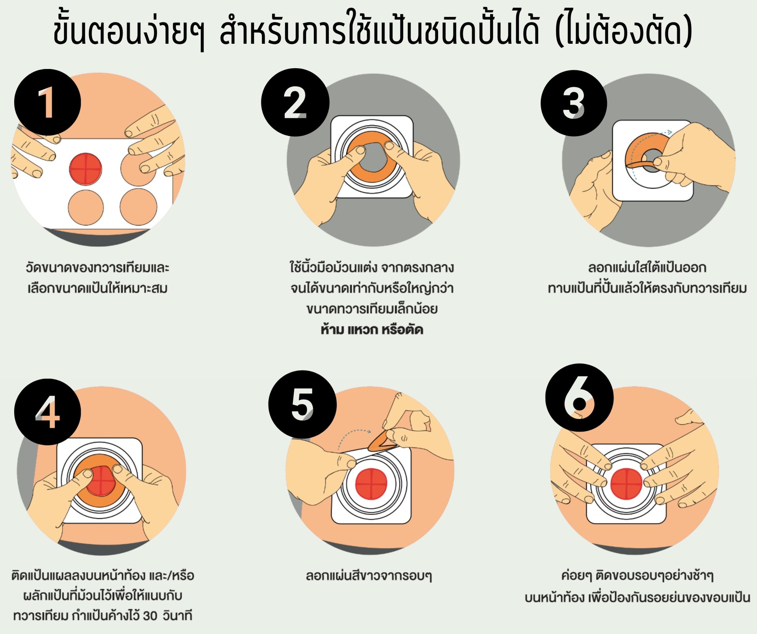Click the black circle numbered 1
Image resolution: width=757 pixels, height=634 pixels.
pos(48,102)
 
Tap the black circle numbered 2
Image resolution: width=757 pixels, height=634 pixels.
pos(295,102)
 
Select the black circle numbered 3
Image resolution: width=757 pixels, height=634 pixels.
pos(574,103)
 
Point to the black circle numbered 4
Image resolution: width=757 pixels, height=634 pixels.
pos(48,412)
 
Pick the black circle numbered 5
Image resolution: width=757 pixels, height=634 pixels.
pos(302,404)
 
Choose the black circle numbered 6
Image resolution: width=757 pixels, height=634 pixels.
pos(580,398)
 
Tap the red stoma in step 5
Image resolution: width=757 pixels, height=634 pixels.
pos(371,483)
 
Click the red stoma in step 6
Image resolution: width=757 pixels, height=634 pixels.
pos(626,483)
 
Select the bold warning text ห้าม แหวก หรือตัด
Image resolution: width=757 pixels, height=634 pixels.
pos(372,329)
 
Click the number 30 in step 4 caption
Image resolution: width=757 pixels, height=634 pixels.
pos(150,615)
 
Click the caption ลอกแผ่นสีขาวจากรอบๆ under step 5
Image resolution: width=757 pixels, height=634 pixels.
pos(369,576)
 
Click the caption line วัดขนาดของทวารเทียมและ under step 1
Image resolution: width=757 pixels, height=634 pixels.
pos(97,268)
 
